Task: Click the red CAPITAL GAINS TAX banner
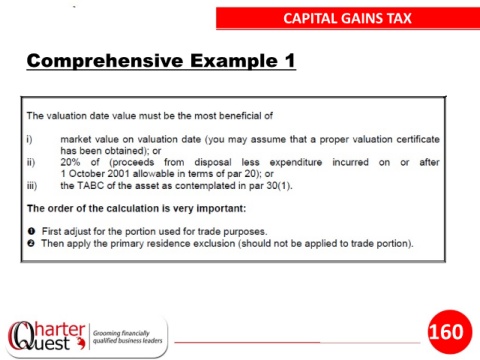click(x=348, y=18)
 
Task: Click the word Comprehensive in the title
click(x=105, y=61)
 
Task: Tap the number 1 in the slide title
click(x=290, y=60)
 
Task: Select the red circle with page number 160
click(x=450, y=332)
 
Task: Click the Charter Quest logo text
click(x=47, y=336)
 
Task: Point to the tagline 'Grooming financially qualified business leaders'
click(x=127, y=337)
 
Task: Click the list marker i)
click(x=30, y=139)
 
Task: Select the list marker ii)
click(x=31, y=162)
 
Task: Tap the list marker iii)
click(x=32, y=186)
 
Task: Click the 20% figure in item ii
click(x=70, y=162)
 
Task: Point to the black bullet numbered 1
click(x=31, y=231)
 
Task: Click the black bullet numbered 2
click(x=31, y=243)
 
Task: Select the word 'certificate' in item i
click(x=418, y=139)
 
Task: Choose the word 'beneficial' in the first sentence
click(x=241, y=116)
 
